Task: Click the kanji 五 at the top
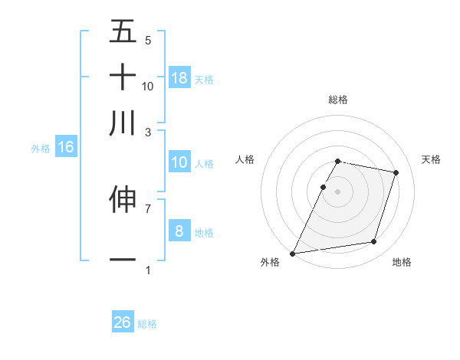(123, 32)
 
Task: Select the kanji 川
(123, 123)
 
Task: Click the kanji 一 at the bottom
(123, 260)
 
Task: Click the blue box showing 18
(179, 77)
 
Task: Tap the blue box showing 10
(179, 162)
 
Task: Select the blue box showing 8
(179, 231)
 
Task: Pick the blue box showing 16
(66, 147)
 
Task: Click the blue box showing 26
(123, 322)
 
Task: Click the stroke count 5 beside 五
(148, 40)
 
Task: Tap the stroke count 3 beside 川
(148, 132)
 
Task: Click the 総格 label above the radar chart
(338, 100)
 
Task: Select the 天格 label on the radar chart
(432, 159)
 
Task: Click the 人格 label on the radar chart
(245, 159)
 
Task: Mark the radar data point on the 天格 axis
(396, 172)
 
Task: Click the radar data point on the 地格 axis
(374, 242)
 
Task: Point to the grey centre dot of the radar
(338, 191)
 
